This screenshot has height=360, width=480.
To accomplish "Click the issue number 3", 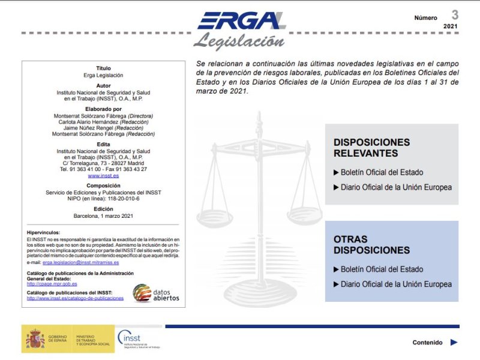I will [455, 15].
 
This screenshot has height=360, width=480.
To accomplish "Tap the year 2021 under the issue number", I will [450, 27].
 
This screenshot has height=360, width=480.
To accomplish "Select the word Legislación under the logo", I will [239, 41].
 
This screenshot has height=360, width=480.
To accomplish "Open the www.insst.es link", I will [103, 176].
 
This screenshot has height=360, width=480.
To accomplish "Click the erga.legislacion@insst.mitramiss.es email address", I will [80, 262].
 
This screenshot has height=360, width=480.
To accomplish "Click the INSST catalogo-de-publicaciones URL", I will [75, 298].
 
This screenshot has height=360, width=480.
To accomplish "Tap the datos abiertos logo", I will [156, 293].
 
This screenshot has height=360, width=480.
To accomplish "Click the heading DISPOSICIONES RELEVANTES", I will [371, 148].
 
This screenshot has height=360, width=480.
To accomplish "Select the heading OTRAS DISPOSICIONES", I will [371, 244].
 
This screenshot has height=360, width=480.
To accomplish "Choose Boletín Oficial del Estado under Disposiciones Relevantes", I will [382, 173].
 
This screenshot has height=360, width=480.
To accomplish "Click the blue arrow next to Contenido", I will [454, 343].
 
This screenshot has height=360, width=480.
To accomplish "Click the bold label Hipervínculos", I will [44, 232].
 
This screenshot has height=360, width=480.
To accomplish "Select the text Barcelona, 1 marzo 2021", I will [103, 215].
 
